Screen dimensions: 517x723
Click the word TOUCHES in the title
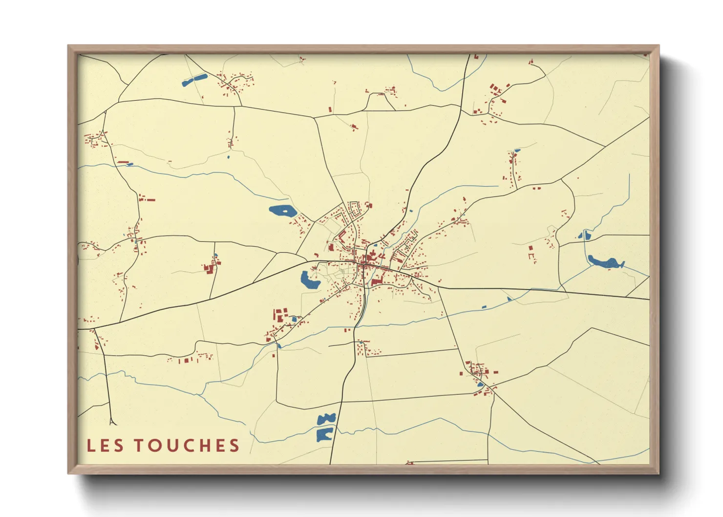[187, 445]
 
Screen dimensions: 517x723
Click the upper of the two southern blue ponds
[326, 419]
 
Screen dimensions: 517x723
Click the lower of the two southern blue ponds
[324, 434]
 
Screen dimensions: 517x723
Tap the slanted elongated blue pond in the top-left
[194, 80]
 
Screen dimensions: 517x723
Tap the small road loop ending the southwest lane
[113, 422]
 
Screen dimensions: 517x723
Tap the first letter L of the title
[91, 445]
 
